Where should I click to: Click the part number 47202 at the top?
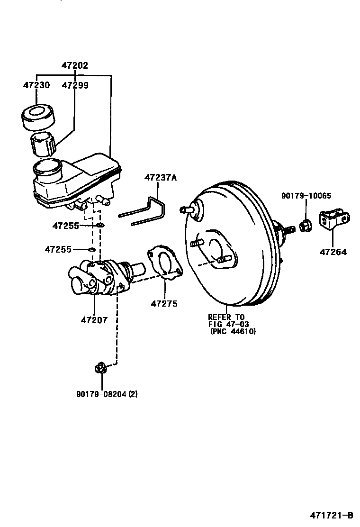[74, 66]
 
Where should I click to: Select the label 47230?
[36, 85]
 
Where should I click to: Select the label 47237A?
[160, 178]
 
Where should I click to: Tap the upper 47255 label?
[65, 226]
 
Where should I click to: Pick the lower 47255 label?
[58, 249]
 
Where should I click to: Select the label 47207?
[94, 320]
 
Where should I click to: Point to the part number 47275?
[164, 303]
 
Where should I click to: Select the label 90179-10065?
[306, 195]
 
